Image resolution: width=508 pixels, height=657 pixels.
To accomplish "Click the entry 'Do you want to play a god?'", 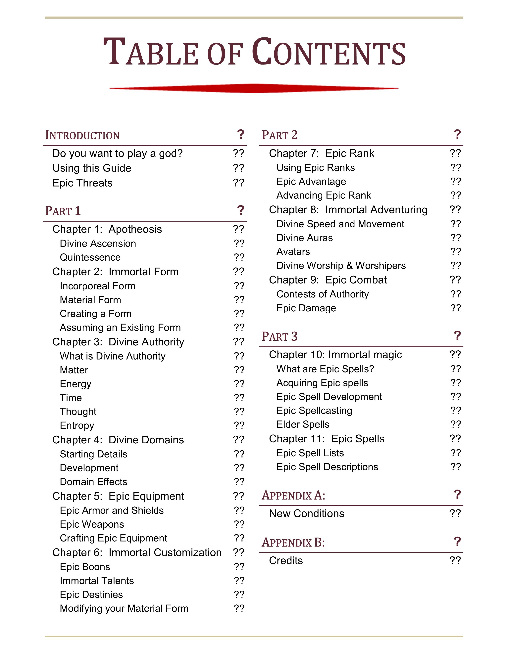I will (x=117, y=153).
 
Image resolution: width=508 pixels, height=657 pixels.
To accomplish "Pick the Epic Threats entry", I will (x=82, y=183).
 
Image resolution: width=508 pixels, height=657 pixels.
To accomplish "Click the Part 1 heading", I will (x=63, y=211).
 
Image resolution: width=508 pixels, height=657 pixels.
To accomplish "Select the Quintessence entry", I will (x=90, y=257).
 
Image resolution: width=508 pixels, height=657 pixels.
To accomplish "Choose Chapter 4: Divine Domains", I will (x=118, y=440).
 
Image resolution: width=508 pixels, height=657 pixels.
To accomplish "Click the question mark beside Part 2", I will (x=457, y=134).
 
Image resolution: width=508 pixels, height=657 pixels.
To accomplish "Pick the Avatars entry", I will (x=293, y=251).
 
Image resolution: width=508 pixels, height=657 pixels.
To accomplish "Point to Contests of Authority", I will (x=322, y=294).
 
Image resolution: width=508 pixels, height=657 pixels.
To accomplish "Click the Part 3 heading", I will (x=279, y=336).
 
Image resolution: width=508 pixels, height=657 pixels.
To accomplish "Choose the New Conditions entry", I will (x=306, y=513).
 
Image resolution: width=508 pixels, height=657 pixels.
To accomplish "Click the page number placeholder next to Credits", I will (x=455, y=560).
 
